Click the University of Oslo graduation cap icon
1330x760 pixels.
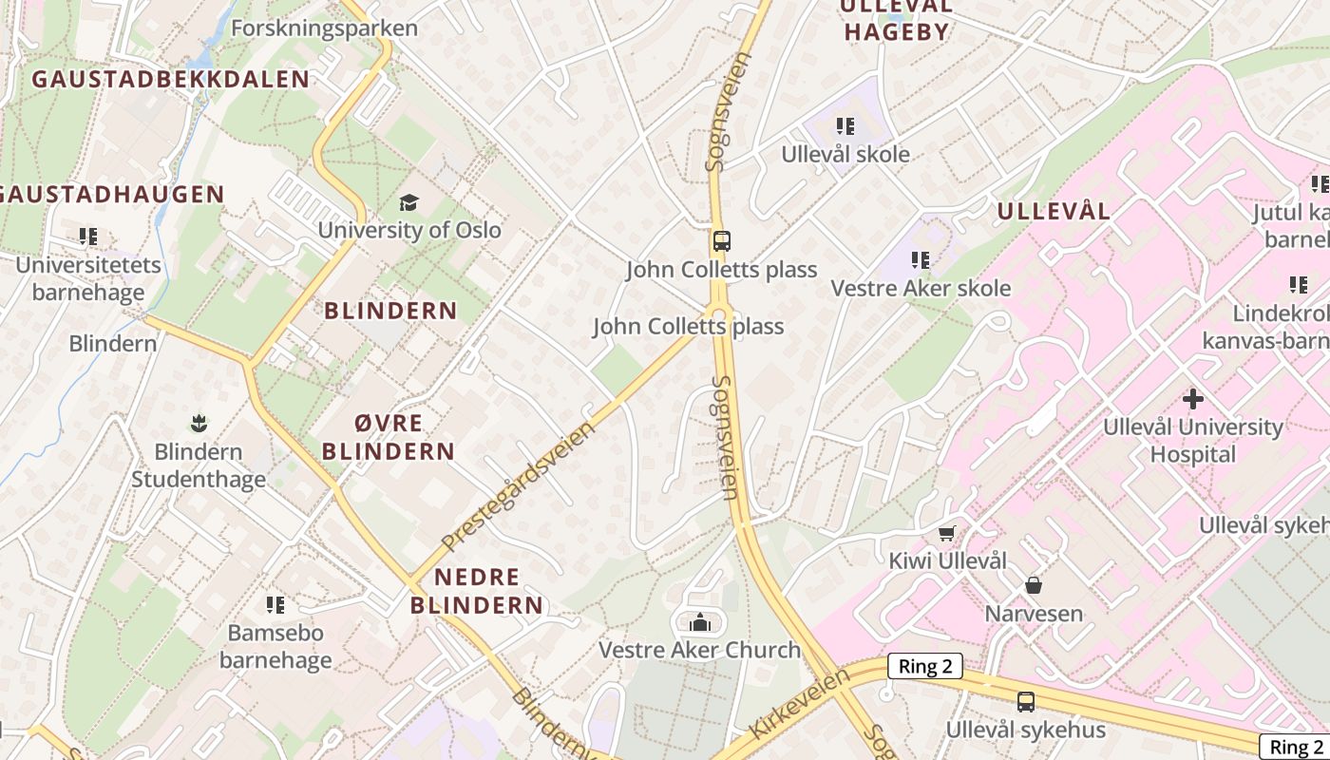(408, 202)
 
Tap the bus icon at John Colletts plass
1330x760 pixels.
(722, 241)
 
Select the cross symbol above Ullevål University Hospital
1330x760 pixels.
(1193, 399)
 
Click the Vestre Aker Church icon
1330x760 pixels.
(701, 622)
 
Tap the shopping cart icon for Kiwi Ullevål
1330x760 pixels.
(946, 534)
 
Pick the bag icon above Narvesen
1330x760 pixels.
(1034, 586)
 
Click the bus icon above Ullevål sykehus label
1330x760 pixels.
(1026, 702)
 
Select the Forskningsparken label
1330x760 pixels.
(324, 28)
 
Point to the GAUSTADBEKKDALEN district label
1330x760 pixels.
(171, 80)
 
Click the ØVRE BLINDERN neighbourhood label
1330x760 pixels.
(389, 437)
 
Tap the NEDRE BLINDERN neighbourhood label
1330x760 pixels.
(477, 591)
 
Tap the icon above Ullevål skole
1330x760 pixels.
(845, 126)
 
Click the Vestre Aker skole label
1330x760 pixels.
(921, 288)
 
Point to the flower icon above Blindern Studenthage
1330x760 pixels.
(199, 422)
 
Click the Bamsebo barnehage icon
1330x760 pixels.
(275, 605)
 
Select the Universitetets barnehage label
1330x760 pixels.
(88, 278)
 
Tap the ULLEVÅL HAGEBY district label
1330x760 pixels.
(897, 19)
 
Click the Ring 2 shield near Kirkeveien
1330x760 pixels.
(925, 667)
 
